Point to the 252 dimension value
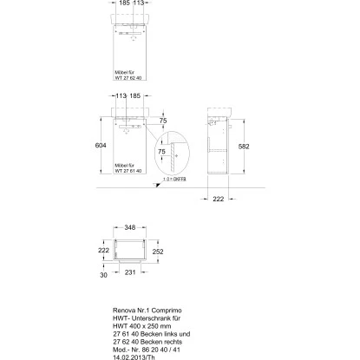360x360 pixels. (158, 253)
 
